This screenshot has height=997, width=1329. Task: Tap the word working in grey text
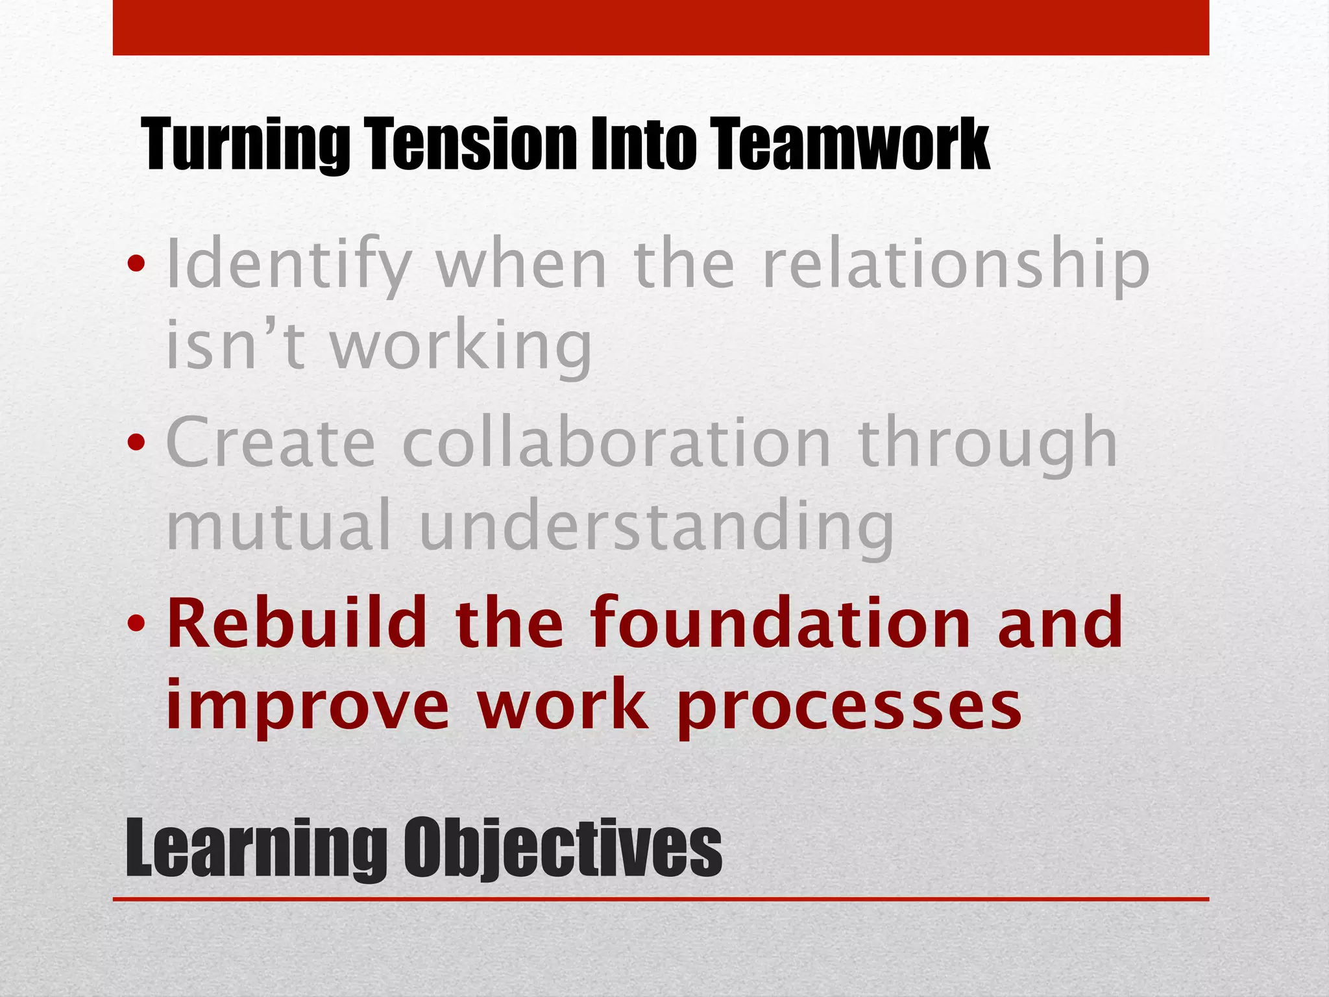(461, 348)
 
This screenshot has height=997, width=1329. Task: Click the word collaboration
(616, 443)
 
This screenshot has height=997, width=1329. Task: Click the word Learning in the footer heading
(256, 849)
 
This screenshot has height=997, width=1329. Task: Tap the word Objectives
(563, 849)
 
